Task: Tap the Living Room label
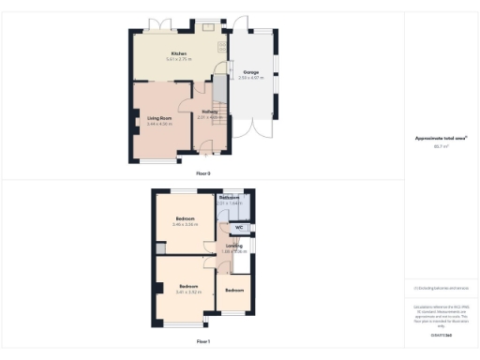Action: [158, 117]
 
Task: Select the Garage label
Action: [251, 71]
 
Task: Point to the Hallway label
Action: [210, 112]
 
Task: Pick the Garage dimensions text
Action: [251, 77]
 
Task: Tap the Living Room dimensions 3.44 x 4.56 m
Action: [158, 124]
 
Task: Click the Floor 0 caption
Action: [203, 174]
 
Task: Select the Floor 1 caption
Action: [203, 341]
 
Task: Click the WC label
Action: [238, 227]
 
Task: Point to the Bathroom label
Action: [230, 198]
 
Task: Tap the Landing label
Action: [233, 246]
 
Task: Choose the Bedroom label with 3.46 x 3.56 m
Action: [183, 218]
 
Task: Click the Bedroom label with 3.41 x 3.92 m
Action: [188, 286]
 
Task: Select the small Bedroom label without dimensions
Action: [232, 290]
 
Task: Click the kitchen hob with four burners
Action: [222, 47]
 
